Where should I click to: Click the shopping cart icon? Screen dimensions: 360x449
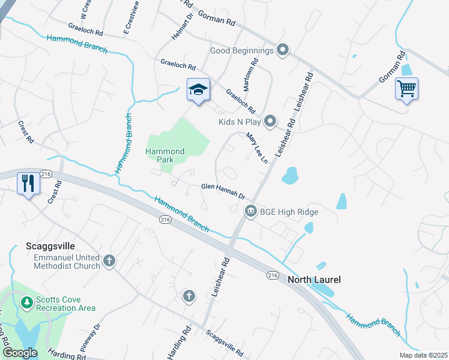pos(406,89)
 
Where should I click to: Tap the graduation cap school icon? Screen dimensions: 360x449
pos(198,90)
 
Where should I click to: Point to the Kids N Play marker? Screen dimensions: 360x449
pos(270,122)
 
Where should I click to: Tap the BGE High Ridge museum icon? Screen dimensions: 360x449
pos(250,211)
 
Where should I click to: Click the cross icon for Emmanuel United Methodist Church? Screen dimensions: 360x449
pos(109,260)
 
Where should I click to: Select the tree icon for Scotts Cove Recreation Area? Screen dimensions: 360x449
pos(26,302)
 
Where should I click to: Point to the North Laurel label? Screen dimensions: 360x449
pos(314,280)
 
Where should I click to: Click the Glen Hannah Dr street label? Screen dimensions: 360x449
pos(223,191)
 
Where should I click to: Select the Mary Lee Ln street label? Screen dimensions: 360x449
pos(256,149)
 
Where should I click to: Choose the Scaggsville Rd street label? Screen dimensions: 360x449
pos(224,343)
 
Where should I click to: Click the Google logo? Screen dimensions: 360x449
pos(20,352)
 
